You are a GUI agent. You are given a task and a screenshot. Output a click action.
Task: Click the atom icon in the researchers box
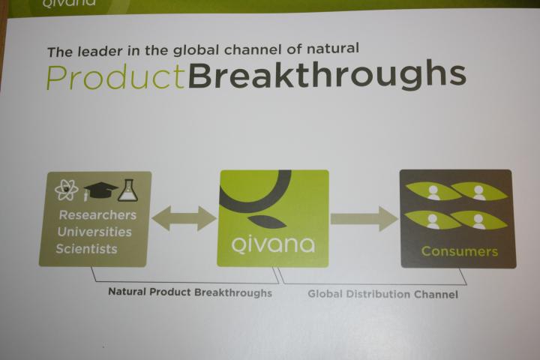[x=67, y=190]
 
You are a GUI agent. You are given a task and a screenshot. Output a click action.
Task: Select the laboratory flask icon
[x=127, y=190]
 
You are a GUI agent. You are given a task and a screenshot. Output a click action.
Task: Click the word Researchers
[x=97, y=215]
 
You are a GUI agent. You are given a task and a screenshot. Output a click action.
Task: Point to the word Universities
[x=94, y=232]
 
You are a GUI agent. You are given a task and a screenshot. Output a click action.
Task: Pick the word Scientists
[x=86, y=249]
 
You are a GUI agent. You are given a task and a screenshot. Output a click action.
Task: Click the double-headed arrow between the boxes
[x=184, y=218]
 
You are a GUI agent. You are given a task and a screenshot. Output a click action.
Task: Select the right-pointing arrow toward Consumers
[x=364, y=219]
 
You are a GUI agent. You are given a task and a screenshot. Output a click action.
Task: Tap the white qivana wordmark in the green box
[x=273, y=244]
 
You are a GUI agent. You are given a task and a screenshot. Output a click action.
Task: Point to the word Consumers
[x=460, y=251]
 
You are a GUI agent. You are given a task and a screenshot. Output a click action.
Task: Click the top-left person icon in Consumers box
[x=433, y=192]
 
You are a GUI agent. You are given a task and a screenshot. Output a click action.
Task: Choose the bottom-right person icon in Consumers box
[x=478, y=221]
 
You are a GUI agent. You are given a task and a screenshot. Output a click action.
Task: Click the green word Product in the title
[x=115, y=77]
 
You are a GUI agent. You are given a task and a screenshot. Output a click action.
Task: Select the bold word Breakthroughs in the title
[x=327, y=75]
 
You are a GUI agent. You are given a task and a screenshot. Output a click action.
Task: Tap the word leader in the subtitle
[x=100, y=51]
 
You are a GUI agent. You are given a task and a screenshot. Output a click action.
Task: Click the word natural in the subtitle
[x=333, y=48]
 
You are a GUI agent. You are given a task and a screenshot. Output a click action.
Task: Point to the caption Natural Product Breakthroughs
[x=190, y=292]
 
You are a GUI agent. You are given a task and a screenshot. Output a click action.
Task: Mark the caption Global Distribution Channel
[x=383, y=294]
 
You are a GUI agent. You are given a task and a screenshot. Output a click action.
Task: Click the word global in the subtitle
[x=196, y=50]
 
